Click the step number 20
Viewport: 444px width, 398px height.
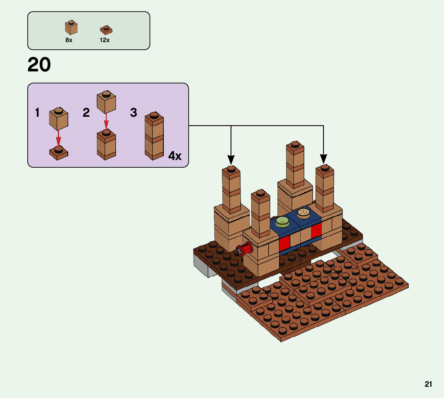tap(39, 65)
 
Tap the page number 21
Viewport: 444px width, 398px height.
tap(428, 384)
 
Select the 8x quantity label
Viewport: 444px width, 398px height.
tap(69, 40)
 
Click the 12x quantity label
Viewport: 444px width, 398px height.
tap(105, 40)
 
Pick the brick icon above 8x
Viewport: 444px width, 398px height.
tap(71, 27)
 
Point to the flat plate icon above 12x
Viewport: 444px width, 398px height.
tap(106, 29)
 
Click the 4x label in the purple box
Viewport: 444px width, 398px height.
tap(175, 156)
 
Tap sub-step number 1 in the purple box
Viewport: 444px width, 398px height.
tap(37, 113)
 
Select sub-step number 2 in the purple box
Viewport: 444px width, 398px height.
tap(86, 113)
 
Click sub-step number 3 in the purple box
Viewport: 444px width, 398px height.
tap(134, 113)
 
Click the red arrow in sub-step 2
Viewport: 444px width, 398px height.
tap(106, 122)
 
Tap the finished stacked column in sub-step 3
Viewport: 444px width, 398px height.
tap(154, 136)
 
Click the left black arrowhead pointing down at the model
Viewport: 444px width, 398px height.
tap(231, 159)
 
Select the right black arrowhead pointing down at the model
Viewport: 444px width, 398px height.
tap(324, 159)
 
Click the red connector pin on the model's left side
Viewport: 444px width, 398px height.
tap(243, 250)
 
